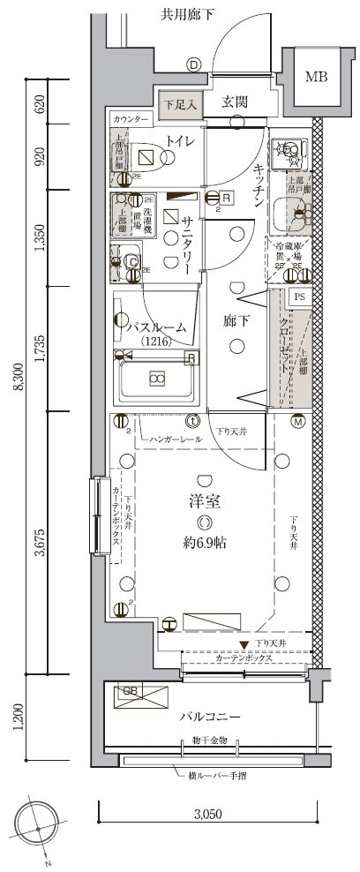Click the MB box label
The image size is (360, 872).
click(316, 77)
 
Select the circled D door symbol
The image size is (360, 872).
click(193, 64)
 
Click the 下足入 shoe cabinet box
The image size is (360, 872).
click(181, 103)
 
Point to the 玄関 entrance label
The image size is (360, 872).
click(234, 101)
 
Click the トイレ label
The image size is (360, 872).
click(180, 140)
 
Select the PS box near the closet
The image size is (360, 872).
click(299, 297)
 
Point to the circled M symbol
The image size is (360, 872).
click(298, 421)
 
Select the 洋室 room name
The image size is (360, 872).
click(204, 502)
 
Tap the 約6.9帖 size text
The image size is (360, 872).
click(205, 543)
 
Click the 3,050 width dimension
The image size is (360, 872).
click(210, 816)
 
